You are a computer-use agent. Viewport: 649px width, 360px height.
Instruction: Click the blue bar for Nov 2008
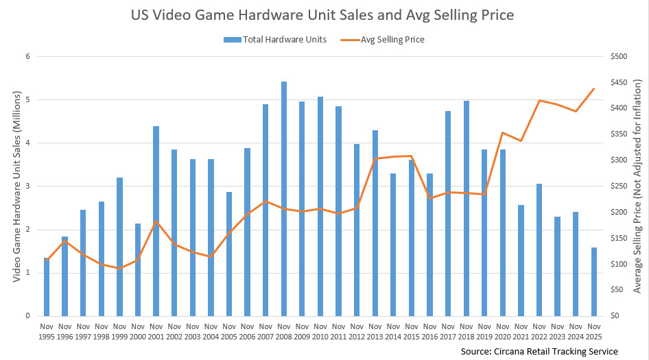coord(284,199)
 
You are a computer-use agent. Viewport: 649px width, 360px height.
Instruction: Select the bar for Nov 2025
coord(594,282)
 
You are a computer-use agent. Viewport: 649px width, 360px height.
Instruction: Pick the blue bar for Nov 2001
coord(156,221)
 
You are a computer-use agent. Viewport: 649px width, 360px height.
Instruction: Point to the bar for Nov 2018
coord(467,208)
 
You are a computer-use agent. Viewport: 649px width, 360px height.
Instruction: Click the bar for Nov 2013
coord(375,223)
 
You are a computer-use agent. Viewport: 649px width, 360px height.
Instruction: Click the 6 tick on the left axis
coord(28,57)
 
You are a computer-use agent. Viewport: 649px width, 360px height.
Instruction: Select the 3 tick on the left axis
coord(28,187)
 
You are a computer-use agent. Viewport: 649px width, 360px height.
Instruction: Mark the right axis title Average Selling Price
coord(637,187)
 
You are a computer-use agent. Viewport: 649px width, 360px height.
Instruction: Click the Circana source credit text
coord(539,351)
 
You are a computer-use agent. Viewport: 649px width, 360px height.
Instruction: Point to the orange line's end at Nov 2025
coord(594,88)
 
